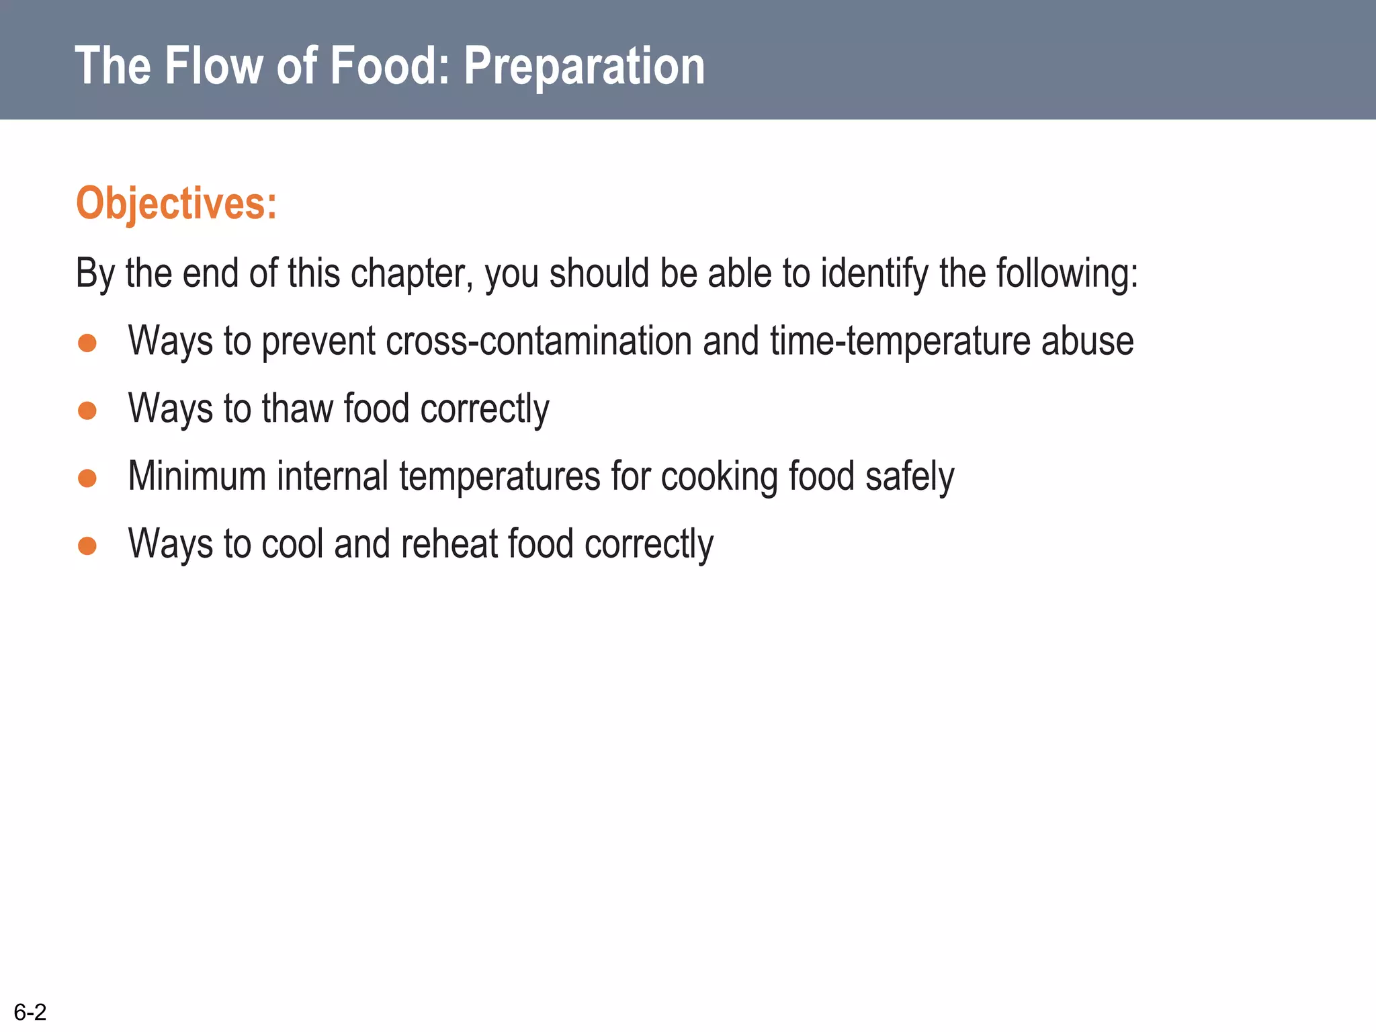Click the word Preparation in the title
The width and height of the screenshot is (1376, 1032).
[584, 67]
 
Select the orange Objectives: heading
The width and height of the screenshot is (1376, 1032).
[176, 203]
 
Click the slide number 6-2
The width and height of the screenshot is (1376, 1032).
[30, 1012]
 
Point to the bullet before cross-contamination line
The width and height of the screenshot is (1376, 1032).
[87, 343]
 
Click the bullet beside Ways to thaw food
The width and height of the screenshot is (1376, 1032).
[87, 410]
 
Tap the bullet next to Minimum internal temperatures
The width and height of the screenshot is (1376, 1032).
[87, 478]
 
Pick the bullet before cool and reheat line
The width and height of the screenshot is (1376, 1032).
[87, 545]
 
